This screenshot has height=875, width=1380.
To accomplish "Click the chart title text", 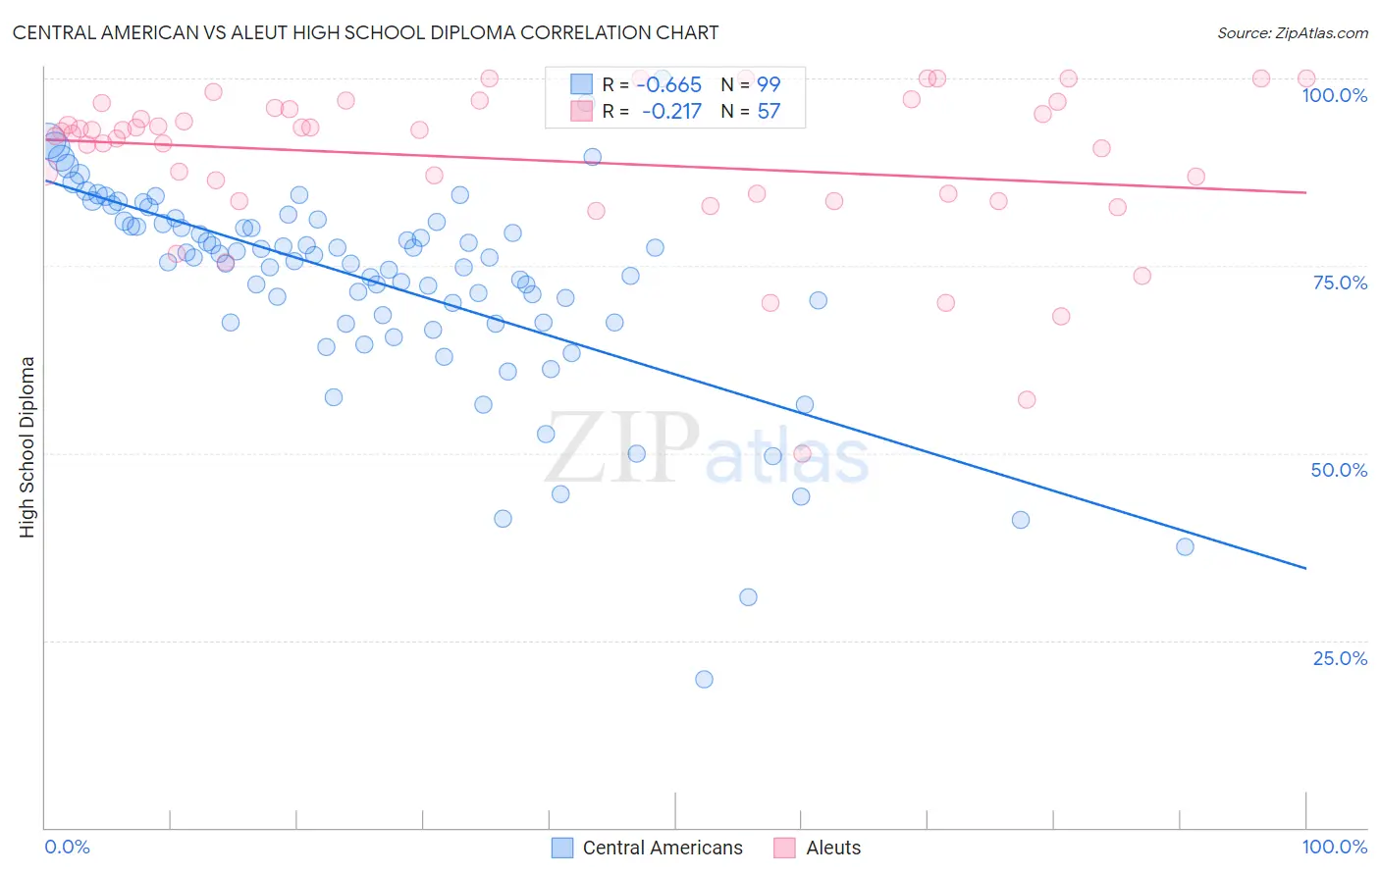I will click(365, 32).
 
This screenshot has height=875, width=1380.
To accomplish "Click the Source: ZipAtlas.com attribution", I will click(1292, 32).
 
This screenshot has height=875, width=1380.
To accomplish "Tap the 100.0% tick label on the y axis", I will click(1334, 95).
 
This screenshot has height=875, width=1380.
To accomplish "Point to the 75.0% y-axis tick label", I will click(1340, 283).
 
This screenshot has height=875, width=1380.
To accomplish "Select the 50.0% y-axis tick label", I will click(1339, 470).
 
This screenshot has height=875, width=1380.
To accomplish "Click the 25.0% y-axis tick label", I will click(1340, 657).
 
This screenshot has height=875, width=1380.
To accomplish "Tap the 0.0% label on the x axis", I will click(67, 847).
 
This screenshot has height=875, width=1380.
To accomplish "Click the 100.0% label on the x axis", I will click(1334, 847).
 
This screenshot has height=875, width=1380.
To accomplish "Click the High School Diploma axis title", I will click(27, 446).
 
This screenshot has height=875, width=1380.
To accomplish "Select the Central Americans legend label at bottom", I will click(663, 848).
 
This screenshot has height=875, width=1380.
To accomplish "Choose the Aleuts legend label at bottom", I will click(833, 848).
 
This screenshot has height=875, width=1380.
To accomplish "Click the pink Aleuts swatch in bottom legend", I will click(784, 848).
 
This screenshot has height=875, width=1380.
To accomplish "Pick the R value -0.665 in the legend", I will click(669, 85).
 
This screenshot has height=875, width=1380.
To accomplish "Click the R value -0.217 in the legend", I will click(671, 112).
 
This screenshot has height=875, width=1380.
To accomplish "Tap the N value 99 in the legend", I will click(769, 85).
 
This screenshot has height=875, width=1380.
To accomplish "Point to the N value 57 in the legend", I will click(769, 112).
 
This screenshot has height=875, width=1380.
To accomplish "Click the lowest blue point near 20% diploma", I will click(704, 679).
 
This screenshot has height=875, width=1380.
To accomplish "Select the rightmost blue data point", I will click(1185, 546).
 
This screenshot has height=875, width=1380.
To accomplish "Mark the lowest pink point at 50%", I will click(802, 453).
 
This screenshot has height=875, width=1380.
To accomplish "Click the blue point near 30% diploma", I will click(748, 596).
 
